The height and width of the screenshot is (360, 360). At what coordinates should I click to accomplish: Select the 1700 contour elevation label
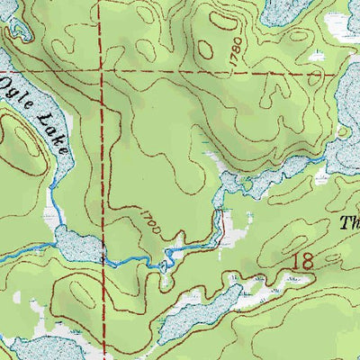(150, 221)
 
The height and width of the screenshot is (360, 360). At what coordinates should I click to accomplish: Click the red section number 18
(304, 262)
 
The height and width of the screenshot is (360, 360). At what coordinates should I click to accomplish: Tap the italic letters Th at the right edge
(351, 222)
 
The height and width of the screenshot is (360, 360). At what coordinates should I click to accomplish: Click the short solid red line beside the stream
(218, 225)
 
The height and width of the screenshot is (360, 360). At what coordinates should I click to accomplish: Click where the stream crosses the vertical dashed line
(103, 258)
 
